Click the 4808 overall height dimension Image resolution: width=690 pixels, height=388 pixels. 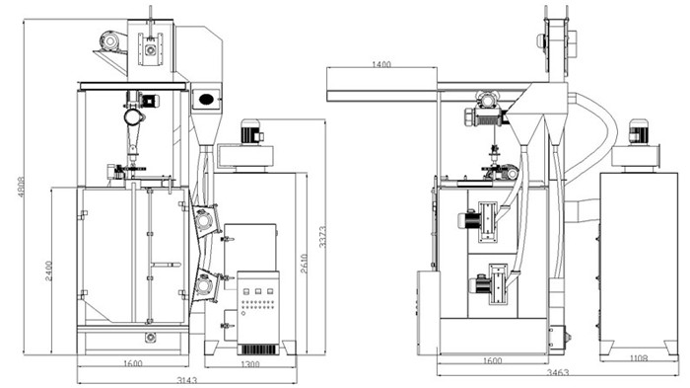coord(21,187)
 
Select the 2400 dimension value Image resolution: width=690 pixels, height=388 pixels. coord(49,271)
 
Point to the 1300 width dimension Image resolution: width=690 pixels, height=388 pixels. coord(250,364)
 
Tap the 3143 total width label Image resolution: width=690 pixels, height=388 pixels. coord(186,380)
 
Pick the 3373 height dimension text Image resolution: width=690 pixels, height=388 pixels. coord(322,237)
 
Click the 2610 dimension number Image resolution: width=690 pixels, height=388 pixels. coord(304,264)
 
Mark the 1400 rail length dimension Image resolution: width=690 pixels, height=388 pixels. coord(381,64)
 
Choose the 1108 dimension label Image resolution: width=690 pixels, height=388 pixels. coord(639,358)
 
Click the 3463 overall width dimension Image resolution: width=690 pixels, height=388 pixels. coord(558,373)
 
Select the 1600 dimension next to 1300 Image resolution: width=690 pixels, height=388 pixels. coord(132,363)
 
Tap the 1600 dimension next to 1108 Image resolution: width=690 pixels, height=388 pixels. coord(493,361)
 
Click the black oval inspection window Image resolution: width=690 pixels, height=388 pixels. coord(206,99)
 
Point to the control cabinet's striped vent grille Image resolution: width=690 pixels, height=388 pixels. coord(258,349)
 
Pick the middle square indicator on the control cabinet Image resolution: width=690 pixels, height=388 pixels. coord(258,291)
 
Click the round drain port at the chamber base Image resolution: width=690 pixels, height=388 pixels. coord(151,338)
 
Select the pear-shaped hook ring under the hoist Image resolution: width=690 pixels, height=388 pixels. coord(134,116)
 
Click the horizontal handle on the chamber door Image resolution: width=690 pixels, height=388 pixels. coord(166,265)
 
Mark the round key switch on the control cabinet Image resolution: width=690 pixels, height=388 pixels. coord(242,314)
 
